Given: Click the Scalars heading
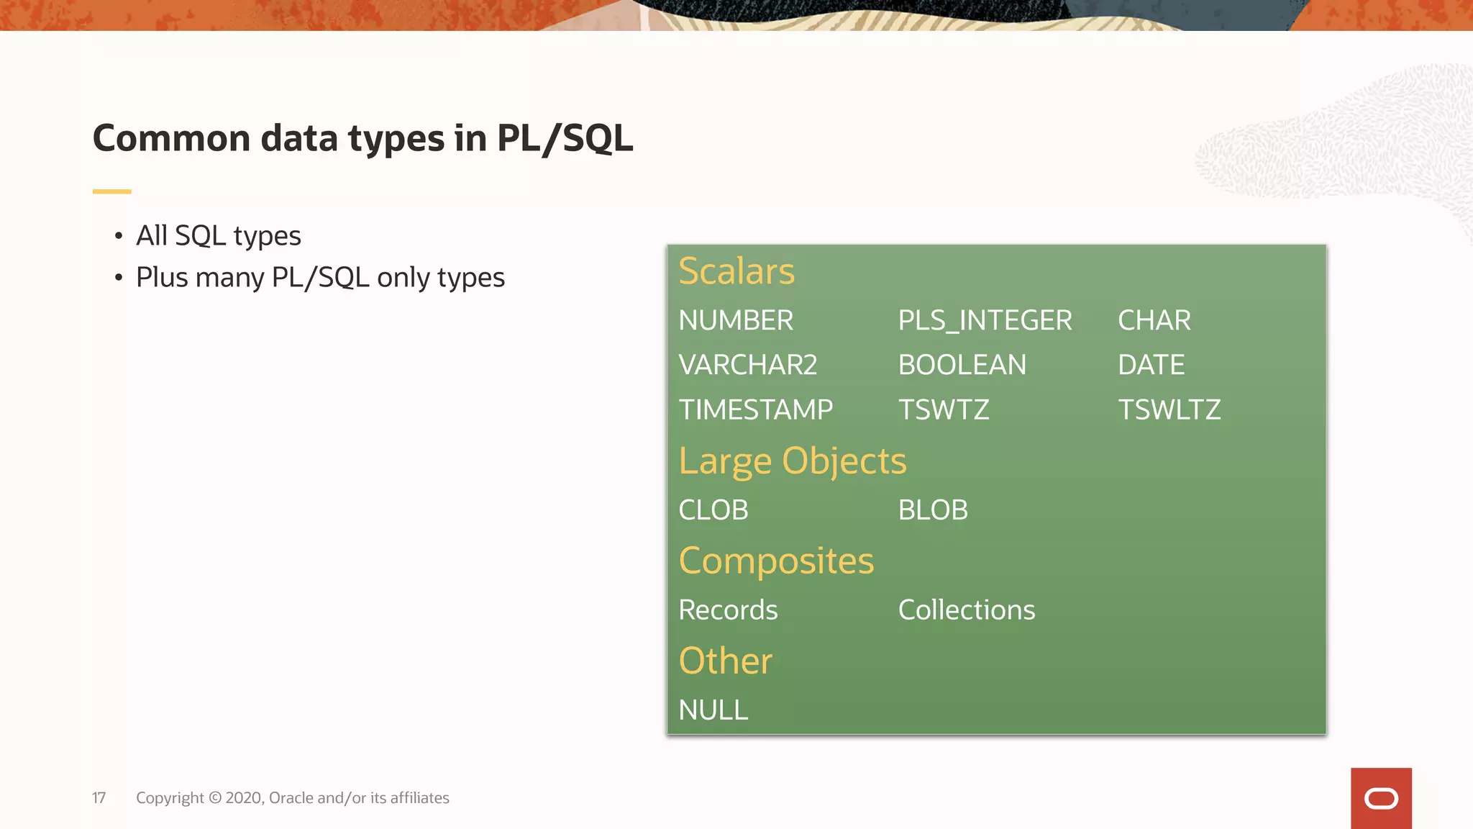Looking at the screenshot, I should tap(736, 271).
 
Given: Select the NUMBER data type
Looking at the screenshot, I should tap(735, 320).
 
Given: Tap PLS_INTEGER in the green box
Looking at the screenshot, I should tap(984, 320).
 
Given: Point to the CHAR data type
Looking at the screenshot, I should tap(1154, 320).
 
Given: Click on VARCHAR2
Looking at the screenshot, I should tap(747, 365).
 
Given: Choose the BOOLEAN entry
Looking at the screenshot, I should tap(962, 365).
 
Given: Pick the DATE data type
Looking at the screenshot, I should tap(1151, 365).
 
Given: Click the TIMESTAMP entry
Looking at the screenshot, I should tap(755, 409).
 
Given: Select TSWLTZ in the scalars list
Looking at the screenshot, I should tap(1169, 409).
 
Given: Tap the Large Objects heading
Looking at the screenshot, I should tap(792, 461).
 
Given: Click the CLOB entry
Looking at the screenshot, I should tap(713, 510).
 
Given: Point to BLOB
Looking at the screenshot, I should tap(932, 510).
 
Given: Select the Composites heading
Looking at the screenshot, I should tap(775, 561).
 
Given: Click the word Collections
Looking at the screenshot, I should tap(966, 610).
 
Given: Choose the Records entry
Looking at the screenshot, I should tap(727, 610).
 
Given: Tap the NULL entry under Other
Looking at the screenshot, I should tap(713, 710).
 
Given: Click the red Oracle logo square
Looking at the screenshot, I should tap(1380, 798).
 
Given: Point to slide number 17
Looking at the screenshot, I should tap(99, 797).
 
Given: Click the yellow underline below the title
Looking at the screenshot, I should tap(111, 191).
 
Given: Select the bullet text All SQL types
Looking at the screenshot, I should tap(218, 236).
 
